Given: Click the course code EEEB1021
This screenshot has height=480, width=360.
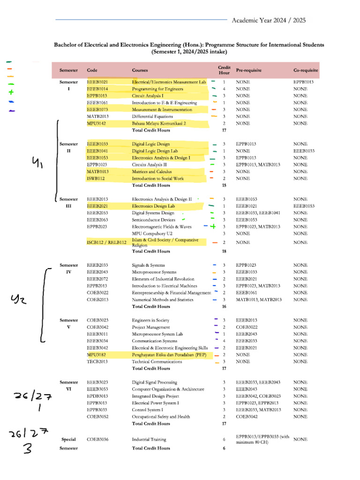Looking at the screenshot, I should tap(97, 82).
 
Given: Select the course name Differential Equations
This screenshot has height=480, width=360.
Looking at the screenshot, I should tap(152, 116).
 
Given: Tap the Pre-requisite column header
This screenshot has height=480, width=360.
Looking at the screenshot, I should tap(249, 70).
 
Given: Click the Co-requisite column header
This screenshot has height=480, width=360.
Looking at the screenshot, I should tap(306, 70).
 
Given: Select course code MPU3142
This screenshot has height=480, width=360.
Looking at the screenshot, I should tap(97, 123).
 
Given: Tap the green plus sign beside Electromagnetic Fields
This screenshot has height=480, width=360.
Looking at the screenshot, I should tap(213, 226).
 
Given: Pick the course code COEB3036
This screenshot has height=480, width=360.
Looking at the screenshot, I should tap(97, 440).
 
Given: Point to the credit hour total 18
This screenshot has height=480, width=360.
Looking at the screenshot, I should tap(224, 251).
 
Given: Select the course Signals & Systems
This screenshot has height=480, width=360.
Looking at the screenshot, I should tap(148, 265).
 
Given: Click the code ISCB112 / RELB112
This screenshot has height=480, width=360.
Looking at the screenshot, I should tap(107, 242).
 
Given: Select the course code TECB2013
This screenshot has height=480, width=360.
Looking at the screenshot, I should tap(97, 361).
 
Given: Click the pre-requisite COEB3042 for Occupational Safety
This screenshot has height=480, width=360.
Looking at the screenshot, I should tap(247, 416).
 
